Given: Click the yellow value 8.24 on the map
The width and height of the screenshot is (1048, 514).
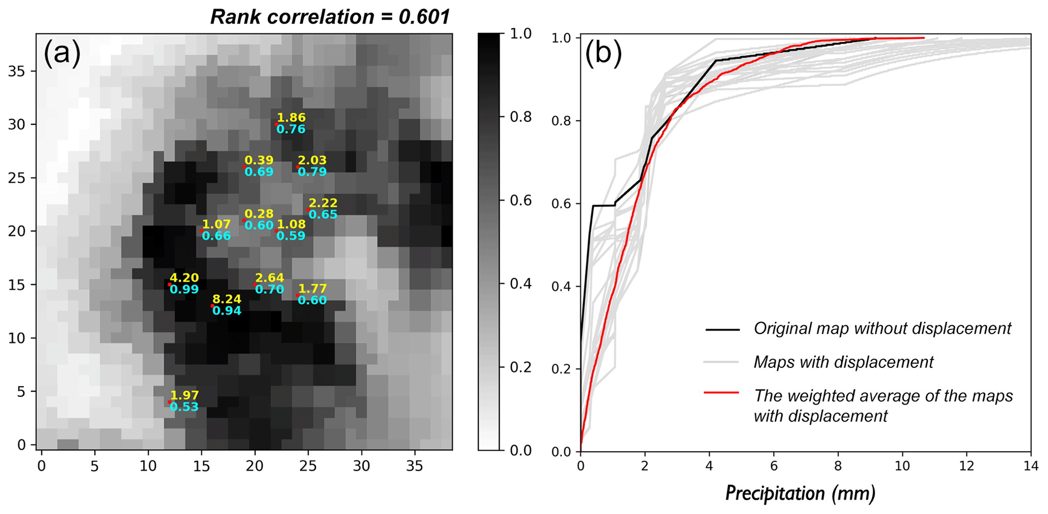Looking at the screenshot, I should point(227,299).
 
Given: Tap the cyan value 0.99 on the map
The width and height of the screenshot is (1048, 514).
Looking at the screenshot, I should point(184,290).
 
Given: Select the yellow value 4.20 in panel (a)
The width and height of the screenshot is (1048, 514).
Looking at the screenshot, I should point(184,278).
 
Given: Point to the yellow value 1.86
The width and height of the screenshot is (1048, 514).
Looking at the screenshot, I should point(291,118).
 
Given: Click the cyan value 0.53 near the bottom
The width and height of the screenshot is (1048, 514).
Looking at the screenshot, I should point(184,407).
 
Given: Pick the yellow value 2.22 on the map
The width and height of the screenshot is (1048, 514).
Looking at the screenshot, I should point(323,203).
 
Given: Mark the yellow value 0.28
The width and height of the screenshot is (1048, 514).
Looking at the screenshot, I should point(259,214).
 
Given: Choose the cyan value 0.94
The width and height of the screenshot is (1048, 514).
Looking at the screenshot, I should point(227,311).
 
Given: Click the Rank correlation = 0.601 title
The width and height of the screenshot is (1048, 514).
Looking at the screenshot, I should point(330,17).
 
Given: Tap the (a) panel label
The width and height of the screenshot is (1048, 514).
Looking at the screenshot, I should point(62,53).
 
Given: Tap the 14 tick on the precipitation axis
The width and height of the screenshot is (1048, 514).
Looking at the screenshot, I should point(1030,466).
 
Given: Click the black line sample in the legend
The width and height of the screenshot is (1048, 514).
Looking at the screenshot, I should point(722,329).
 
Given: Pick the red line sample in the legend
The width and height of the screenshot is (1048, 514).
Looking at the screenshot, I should point(722,393).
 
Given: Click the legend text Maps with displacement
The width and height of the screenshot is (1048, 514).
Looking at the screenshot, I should point(843,362).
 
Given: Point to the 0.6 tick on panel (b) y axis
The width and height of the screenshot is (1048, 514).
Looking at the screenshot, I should point(561,204).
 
